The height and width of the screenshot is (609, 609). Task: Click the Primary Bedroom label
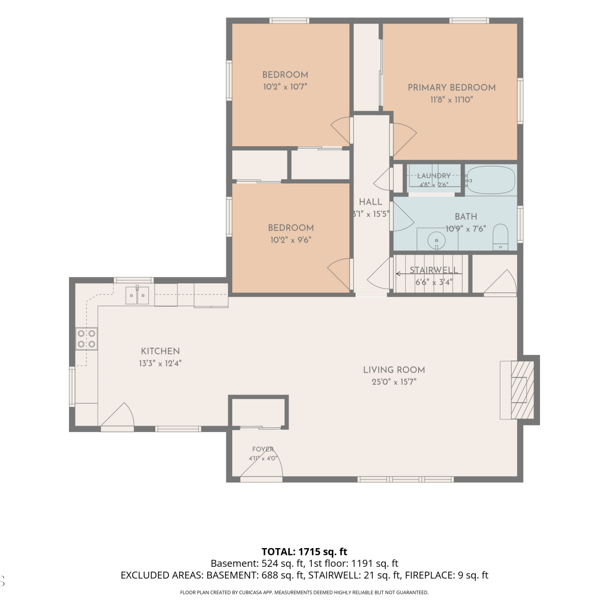[451, 87]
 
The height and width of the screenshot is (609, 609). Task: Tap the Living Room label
[394, 370]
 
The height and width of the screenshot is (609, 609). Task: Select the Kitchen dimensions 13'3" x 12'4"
[160, 363]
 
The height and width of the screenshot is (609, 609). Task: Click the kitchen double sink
[137, 295]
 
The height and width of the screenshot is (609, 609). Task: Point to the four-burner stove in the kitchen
[86, 339]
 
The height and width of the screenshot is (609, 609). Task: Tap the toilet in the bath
[501, 237]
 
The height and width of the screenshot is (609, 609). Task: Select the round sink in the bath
[436, 241]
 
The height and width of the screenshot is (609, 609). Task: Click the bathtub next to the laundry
[490, 180]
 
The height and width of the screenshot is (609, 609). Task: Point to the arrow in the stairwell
[428, 274]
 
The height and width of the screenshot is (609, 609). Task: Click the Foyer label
[263, 449]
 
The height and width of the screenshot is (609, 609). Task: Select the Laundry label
[434, 176]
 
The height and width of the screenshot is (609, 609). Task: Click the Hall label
[371, 202]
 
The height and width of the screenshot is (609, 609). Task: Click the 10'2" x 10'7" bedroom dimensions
[285, 86]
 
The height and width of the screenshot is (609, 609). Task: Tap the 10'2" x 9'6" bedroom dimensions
[291, 240]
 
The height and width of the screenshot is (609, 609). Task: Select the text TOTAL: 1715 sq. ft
[304, 552]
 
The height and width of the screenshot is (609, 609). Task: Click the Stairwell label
[434, 270]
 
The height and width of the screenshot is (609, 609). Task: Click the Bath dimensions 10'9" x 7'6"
[466, 229]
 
